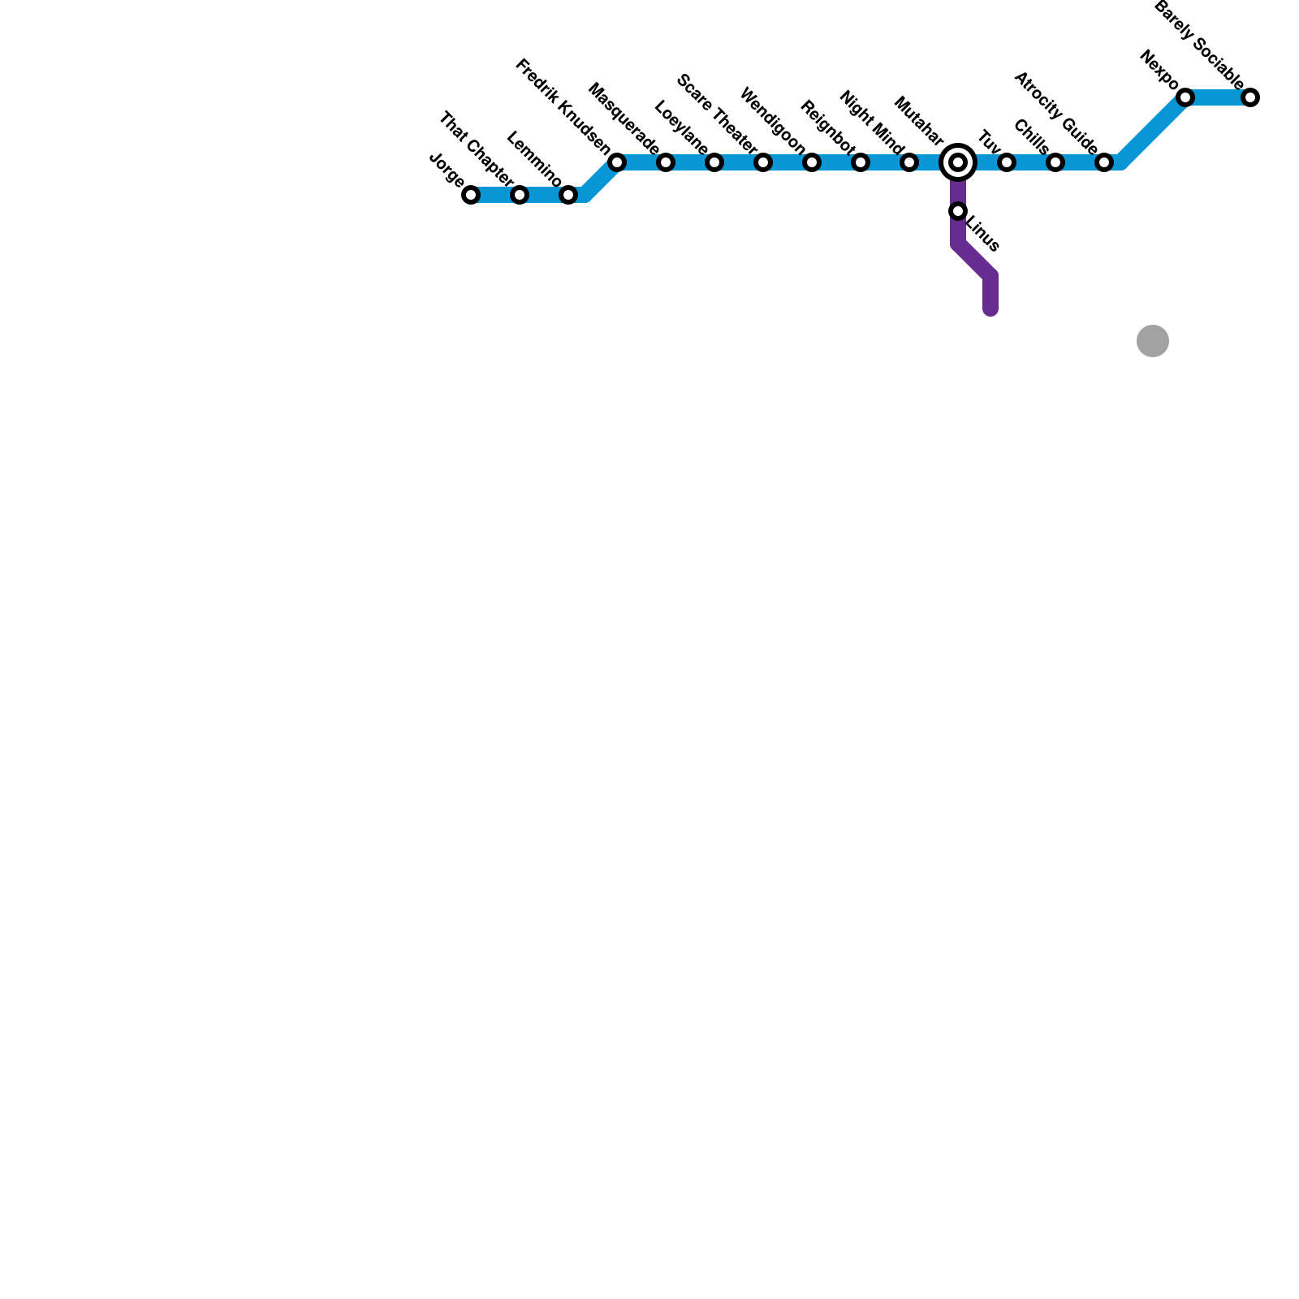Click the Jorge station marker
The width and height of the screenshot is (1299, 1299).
coord(471,195)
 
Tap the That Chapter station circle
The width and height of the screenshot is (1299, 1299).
coord(520,195)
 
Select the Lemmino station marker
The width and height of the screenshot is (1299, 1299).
coord(568,195)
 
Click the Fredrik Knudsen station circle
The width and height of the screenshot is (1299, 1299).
coord(617,162)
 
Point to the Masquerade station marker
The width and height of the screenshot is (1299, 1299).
coord(666,162)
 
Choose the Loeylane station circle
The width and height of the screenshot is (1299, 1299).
coord(714,162)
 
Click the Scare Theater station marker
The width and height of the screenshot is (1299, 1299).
coord(763,162)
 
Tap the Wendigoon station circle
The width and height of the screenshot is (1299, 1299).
coord(812,162)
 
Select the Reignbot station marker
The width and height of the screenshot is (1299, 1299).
coord(861,162)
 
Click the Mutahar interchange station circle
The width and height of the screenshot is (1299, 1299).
coord(958,162)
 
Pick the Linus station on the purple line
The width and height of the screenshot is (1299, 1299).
coord(958,211)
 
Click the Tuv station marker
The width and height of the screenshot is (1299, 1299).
coord(1007,162)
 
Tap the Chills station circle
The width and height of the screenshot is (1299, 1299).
coord(1055,162)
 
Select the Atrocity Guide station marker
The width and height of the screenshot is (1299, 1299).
coord(1104,162)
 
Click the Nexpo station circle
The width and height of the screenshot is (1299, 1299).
coord(1185,97)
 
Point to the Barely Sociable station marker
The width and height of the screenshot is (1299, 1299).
coord(1250,97)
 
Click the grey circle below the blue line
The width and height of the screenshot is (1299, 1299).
coord(1153,341)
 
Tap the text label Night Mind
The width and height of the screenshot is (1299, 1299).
coord(871,122)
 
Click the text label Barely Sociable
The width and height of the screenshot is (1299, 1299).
coord(1198,45)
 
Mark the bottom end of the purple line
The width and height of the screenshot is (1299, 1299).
coord(990,310)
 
